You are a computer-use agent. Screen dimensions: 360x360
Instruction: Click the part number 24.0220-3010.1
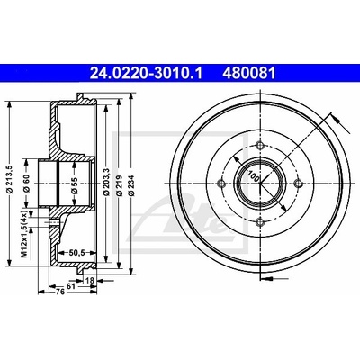click(146, 74)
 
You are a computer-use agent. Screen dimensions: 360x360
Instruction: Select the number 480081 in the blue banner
click(248, 74)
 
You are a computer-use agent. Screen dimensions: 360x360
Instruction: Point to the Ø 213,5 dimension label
click(9, 179)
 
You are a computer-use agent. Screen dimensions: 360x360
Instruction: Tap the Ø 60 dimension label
click(26, 184)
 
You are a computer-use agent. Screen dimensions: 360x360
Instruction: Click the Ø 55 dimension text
click(75, 185)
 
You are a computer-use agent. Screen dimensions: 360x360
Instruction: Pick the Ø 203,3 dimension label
click(106, 183)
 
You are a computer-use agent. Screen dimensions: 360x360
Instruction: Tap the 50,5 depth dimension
click(76, 253)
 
